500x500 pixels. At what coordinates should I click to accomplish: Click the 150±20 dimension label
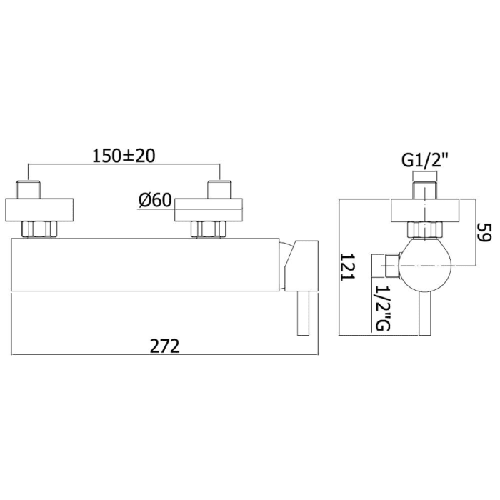[x=125, y=156]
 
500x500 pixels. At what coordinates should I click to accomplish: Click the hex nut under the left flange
[x=39, y=229]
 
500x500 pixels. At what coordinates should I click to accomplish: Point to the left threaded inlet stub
[x=28, y=191]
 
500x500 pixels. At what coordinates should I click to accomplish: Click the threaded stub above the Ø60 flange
[x=218, y=191]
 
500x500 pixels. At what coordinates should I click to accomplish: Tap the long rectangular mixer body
[x=143, y=265]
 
